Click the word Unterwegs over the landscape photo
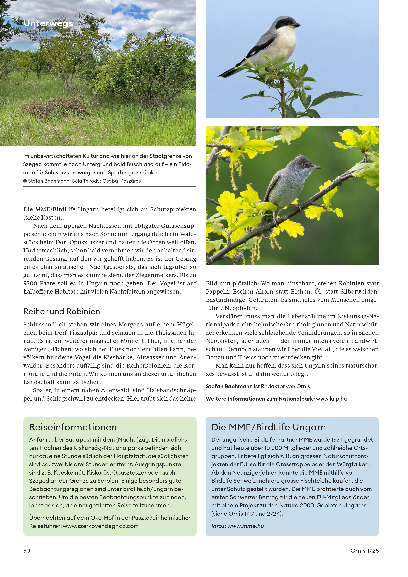click(48, 23)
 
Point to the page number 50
click(27, 551)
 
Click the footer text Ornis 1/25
click(364, 551)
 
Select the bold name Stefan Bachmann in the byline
click(229, 386)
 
